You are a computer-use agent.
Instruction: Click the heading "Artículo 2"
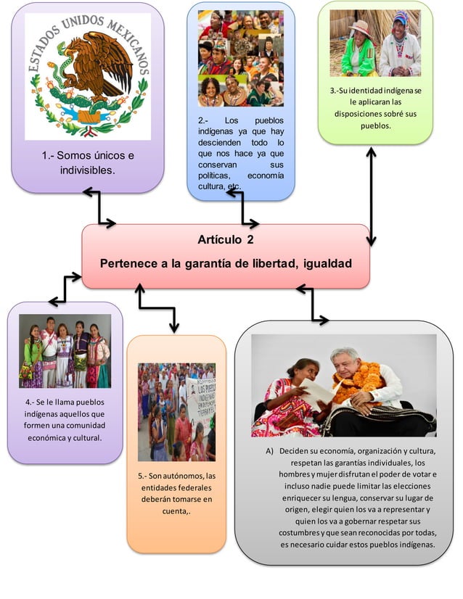(x=225, y=239)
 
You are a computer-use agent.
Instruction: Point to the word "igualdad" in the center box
(x=324, y=263)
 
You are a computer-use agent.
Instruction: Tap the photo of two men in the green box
(x=374, y=44)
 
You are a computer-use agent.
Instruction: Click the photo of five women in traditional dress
(x=65, y=351)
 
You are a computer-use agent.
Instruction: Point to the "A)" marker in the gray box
(x=269, y=451)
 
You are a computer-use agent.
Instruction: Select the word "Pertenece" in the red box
(x=128, y=263)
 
